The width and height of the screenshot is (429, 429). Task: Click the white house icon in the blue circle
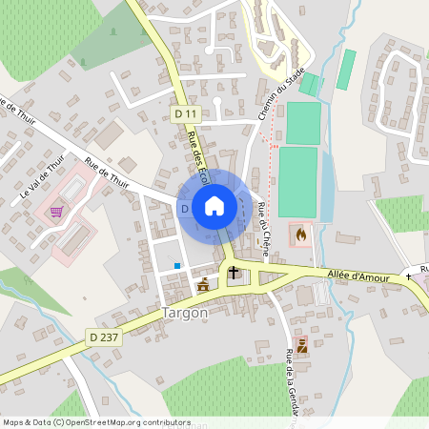coord(214,205)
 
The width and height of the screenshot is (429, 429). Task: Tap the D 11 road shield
coord(186,113)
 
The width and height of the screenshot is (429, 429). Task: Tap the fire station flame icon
coord(302,233)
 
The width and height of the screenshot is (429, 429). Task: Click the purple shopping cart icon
coord(56,212)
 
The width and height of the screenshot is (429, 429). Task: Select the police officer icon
coord(302,346)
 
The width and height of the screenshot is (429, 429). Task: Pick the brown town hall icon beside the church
coord(202,285)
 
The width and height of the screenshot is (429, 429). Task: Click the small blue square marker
coord(177,265)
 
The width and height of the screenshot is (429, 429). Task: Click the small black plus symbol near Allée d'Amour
coord(408,276)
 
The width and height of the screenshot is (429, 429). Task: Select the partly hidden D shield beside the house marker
coord(185,208)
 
